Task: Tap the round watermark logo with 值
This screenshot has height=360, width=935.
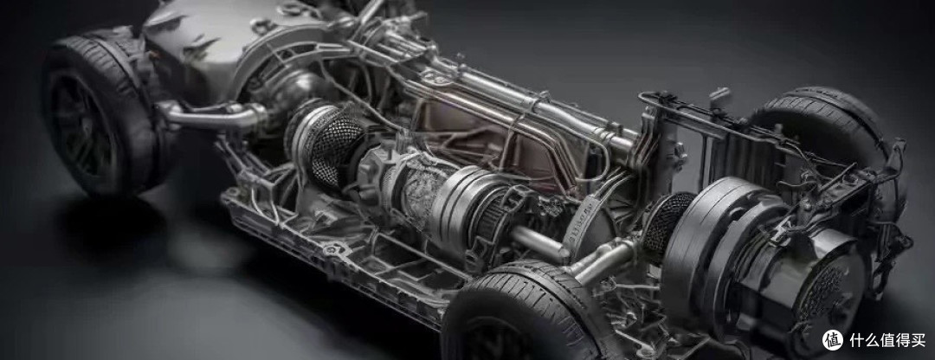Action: [x=833, y=340]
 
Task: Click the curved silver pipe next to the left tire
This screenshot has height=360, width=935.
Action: [x=212, y=114]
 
